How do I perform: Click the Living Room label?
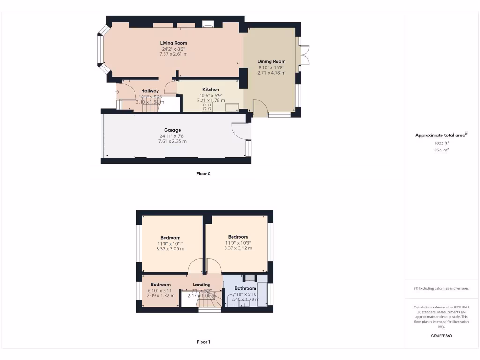173,43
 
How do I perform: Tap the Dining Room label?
271,61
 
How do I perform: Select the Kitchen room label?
210,90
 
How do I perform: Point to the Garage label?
172,130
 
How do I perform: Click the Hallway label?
150,91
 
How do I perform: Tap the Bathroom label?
245,288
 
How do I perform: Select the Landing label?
202,285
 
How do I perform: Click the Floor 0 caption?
203,173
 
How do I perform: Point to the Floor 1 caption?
203,342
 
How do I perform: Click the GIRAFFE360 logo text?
442,336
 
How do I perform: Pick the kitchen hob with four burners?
207,107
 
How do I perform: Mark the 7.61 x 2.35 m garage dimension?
172,141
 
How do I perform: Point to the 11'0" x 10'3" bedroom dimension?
238,242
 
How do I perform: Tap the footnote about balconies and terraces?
442,288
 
